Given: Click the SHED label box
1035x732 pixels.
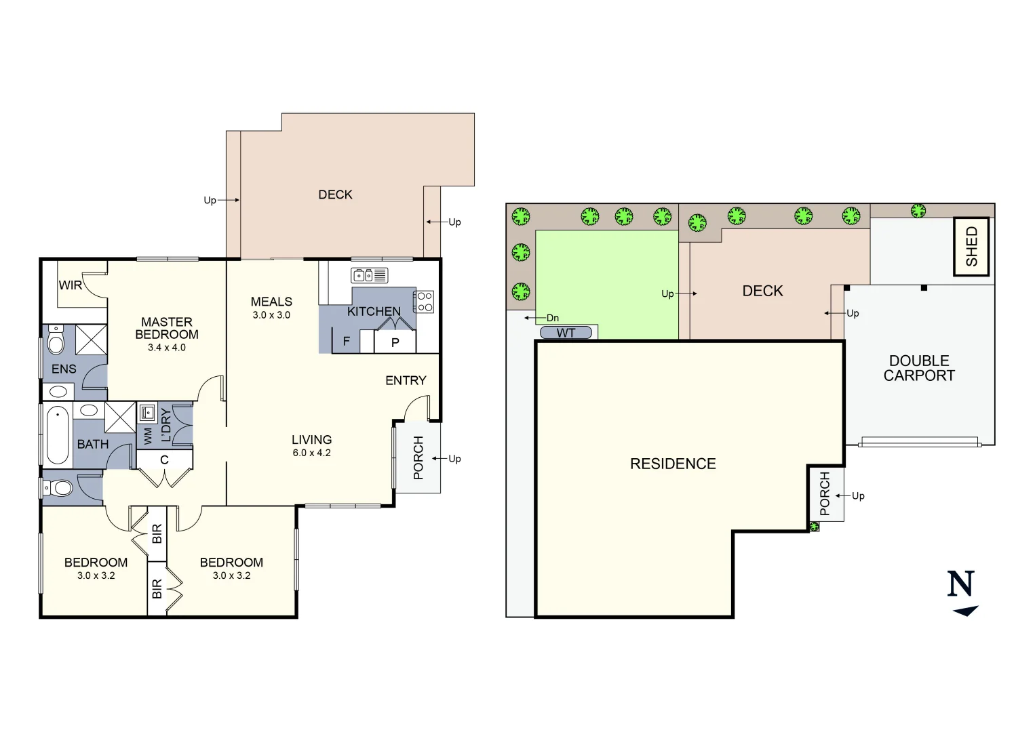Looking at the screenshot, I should (971, 246).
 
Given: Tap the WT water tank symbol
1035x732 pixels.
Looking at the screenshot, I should (566, 333).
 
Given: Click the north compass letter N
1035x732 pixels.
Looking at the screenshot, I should (960, 584).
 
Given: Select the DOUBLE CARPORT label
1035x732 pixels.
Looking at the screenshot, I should (918, 368).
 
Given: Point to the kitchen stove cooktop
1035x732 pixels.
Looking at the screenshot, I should (424, 302).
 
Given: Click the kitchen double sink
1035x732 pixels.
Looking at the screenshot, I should (369, 275).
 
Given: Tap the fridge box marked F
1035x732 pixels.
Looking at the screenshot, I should (346, 341).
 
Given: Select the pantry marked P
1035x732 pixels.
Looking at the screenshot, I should (395, 342).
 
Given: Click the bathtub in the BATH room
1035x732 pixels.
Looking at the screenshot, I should (58, 434).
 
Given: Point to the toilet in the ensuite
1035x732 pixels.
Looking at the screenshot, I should (56, 340).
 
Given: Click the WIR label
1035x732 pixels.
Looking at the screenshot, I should (70, 285).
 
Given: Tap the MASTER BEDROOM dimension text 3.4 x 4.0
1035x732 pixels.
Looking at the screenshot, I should (166, 348).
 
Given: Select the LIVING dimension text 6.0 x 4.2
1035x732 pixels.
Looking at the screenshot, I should (311, 453).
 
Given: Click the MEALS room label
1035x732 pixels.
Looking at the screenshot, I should (271, 302).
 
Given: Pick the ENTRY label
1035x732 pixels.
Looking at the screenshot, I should (406, 381).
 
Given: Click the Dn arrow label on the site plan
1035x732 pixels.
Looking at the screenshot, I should (552, 318).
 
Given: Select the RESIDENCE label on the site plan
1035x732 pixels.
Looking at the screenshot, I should (673, 464).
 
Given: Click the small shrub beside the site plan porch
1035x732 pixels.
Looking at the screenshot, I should (814, 527).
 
